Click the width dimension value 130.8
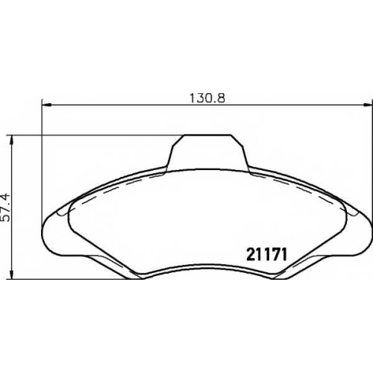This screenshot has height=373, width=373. [207, 98]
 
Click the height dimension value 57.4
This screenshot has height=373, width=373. [6, 207]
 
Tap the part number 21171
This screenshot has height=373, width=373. [266, 254]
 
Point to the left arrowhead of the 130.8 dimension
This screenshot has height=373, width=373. [46, 105]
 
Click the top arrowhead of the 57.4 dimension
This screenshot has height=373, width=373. [10, 140]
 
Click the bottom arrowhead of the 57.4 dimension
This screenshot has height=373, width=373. [10, 275]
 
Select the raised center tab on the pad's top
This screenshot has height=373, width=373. [207, 152]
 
